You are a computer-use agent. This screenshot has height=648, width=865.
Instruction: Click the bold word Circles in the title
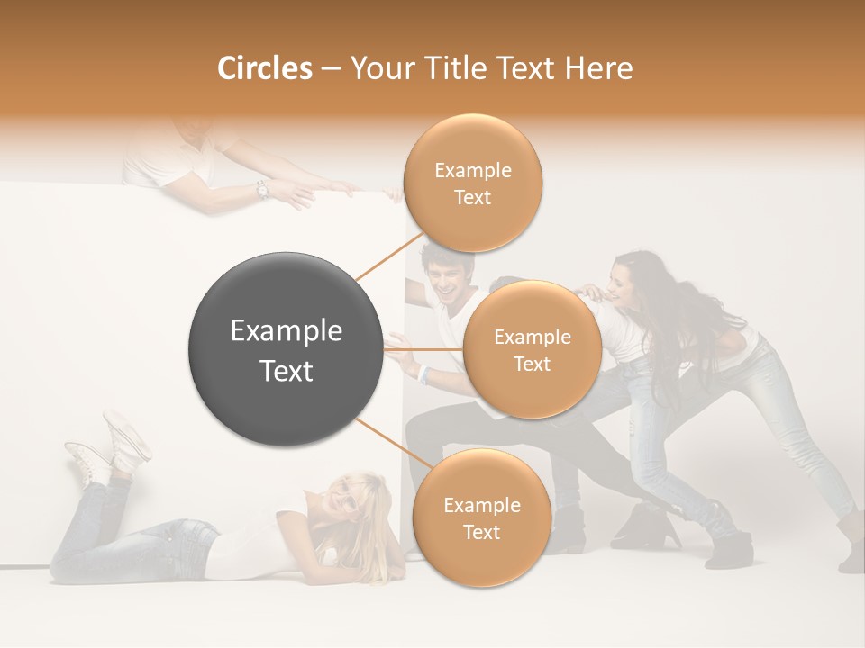tap(264, 68)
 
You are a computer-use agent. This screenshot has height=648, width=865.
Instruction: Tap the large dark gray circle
tap(286, 349)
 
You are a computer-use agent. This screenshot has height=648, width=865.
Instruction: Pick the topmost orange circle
tap(472, 183)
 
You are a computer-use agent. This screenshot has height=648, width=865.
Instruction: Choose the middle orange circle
tap(532, 350)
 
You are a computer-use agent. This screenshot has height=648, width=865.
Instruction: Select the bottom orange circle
tap(481, 517)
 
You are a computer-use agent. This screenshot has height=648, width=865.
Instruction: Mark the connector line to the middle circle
tap(423, 349)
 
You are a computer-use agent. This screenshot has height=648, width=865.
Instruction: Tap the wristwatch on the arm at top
tap(262, 190)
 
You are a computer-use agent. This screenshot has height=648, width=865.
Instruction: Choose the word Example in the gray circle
tap(286, 331)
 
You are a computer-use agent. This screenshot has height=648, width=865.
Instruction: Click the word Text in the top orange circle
tap(472, 197)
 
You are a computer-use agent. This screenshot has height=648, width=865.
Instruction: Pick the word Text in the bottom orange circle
tap(481, 532)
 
